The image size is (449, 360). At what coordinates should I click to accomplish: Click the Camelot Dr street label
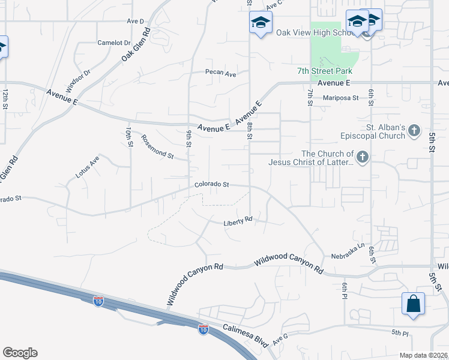(x=114, y=43)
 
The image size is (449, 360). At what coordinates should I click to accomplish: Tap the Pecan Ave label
(x=221, y=73)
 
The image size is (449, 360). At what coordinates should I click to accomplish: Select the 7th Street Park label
(x=325, y=71)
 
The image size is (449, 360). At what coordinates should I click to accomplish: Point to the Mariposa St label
(x=340, y=97)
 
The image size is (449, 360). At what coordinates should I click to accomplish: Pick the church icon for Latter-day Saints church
(x=361, y=157)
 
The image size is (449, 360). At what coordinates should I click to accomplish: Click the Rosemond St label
(x=157, y=147)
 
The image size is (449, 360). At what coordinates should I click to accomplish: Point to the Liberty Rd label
(x=238, y=221)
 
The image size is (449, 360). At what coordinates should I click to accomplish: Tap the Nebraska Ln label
(x=348, y=251)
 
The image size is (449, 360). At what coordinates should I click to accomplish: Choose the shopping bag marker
(x=414, y=303)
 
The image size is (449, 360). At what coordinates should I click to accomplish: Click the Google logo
(x=20, y=353)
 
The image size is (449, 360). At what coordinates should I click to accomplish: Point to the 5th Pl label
(x=400, y=332)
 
